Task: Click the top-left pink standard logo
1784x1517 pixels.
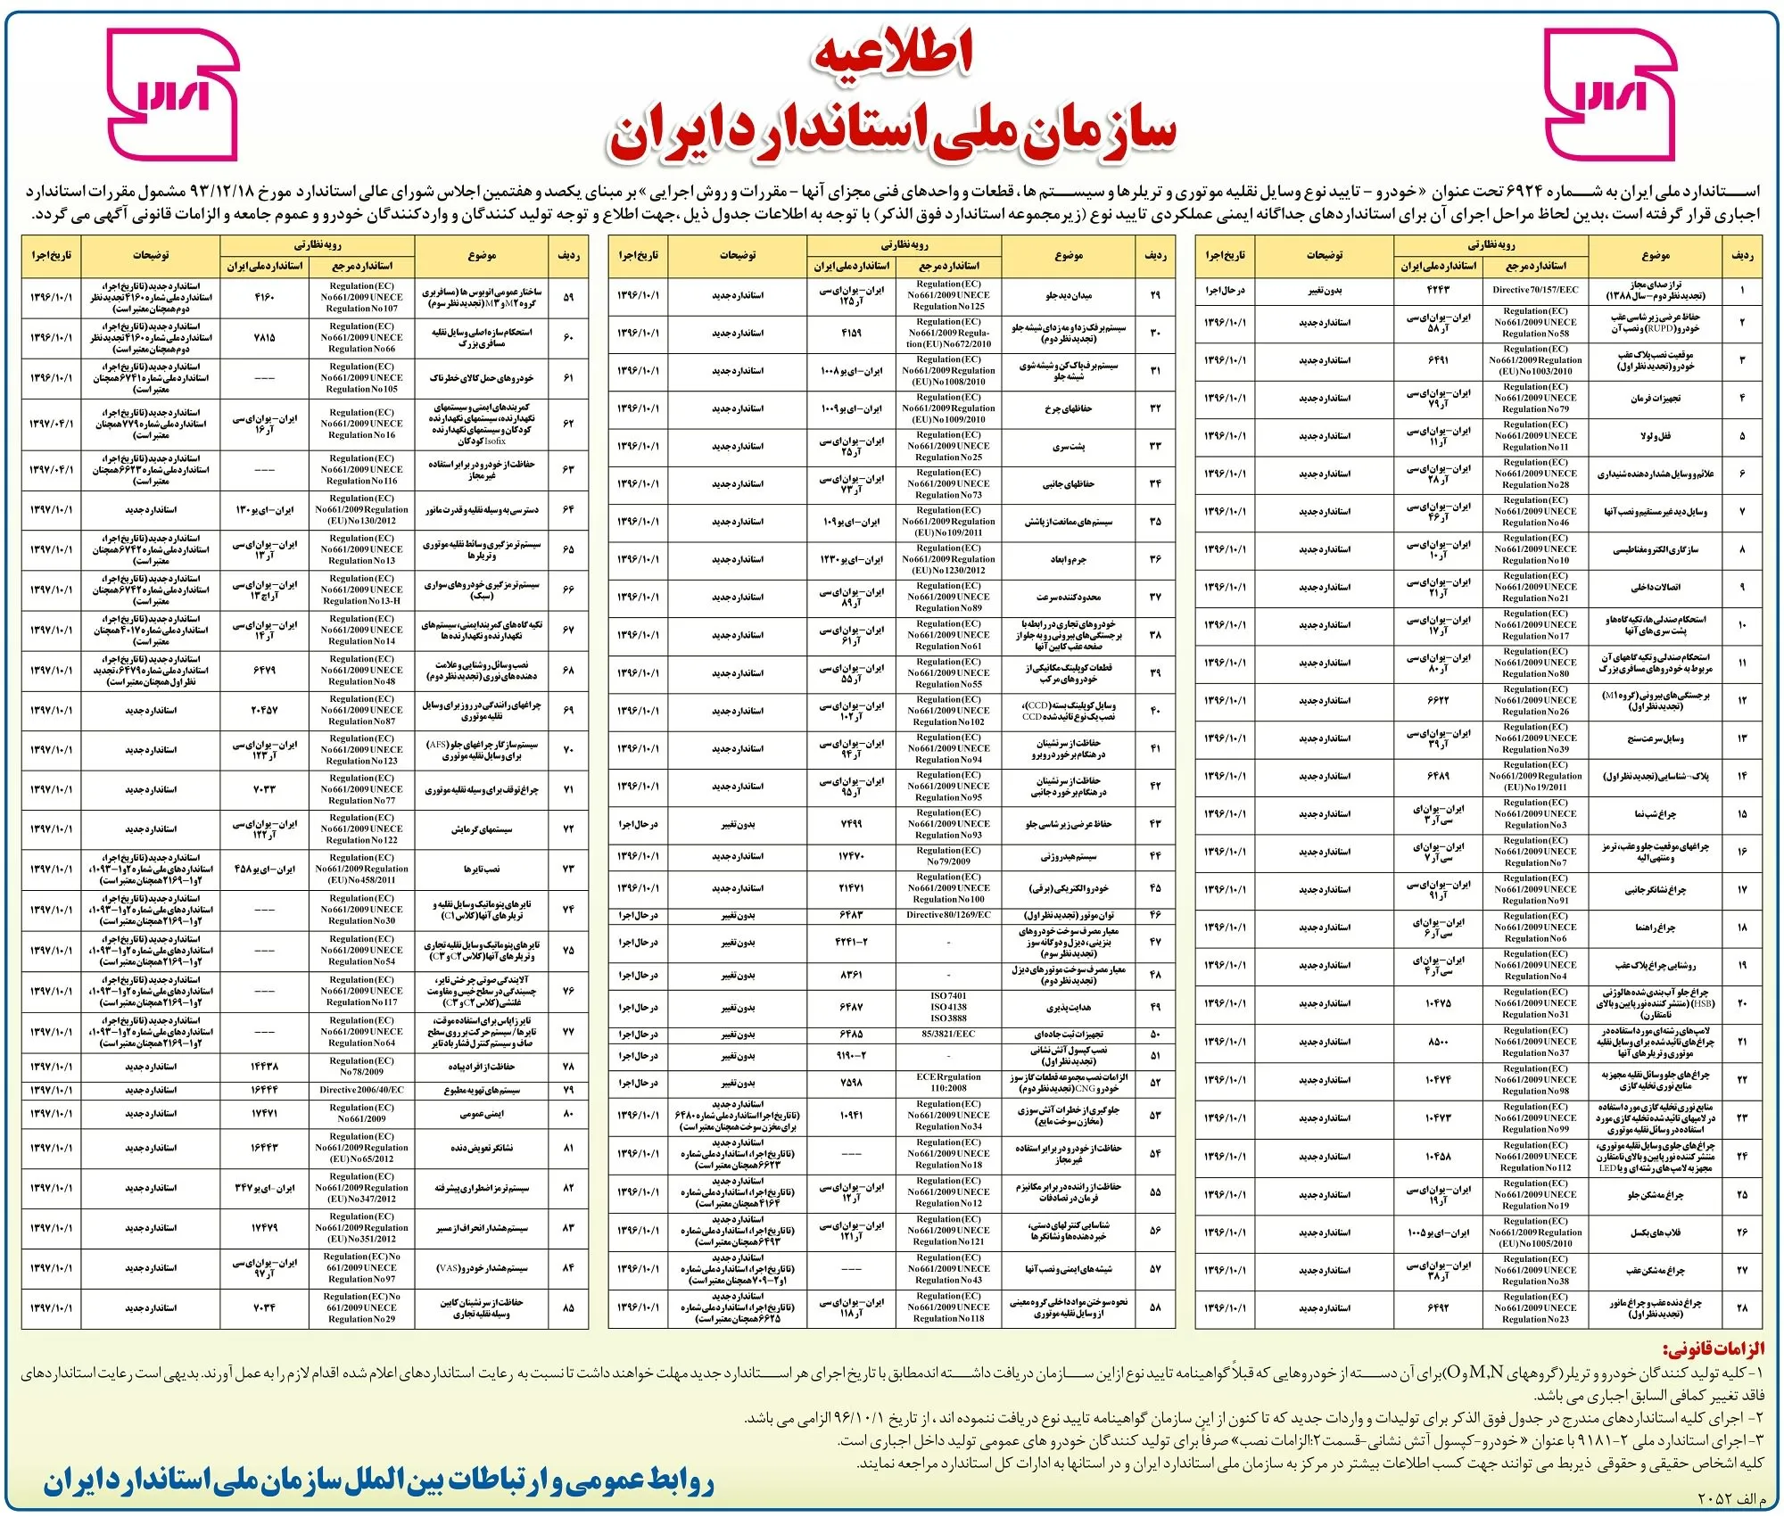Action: pos(172,95)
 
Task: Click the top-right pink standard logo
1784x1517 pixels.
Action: pos(1610,95)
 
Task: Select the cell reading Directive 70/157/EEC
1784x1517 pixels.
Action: pos(1535,290)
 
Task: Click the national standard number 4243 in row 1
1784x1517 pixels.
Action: pos(1438,290)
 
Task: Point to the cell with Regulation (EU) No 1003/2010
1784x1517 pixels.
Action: pos(1535,360)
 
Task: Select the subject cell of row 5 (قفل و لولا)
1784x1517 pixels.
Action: pos(1655,436)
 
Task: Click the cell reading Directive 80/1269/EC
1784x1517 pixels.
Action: pos(948,915)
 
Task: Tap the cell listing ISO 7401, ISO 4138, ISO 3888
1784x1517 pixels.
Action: pos(948,1007)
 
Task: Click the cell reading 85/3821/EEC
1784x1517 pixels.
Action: pos(948,1035)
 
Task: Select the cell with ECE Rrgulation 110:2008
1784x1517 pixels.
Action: pos(948,1083)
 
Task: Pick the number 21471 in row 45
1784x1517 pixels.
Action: pos(851,888)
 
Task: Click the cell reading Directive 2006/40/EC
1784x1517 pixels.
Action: pos(361,1090)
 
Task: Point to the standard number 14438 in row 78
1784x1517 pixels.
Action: pos(264,1067)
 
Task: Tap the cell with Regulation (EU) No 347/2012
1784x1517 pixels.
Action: pos(361,1188)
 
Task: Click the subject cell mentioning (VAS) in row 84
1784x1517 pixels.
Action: pos(482,1268)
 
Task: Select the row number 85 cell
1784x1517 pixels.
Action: pos(568,1308)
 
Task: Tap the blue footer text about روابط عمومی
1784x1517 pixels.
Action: pos(379,1482)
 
